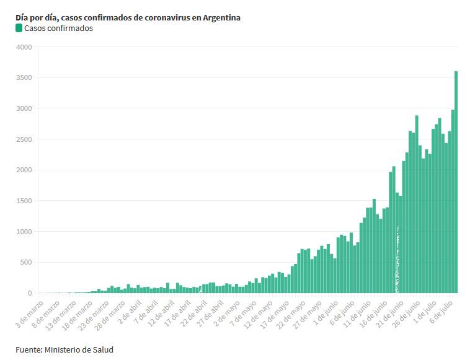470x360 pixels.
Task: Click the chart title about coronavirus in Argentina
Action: [128, 17]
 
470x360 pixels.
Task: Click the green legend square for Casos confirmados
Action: [19, 28]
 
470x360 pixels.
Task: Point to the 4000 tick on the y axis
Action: [23, 47]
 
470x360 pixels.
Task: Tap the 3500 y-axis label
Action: [23, 78]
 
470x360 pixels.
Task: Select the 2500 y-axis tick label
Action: [23, 139]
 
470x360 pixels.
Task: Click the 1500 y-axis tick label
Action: [23, 201]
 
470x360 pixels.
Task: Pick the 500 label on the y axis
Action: [25, 262]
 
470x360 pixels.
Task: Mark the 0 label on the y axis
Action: [29, 293]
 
